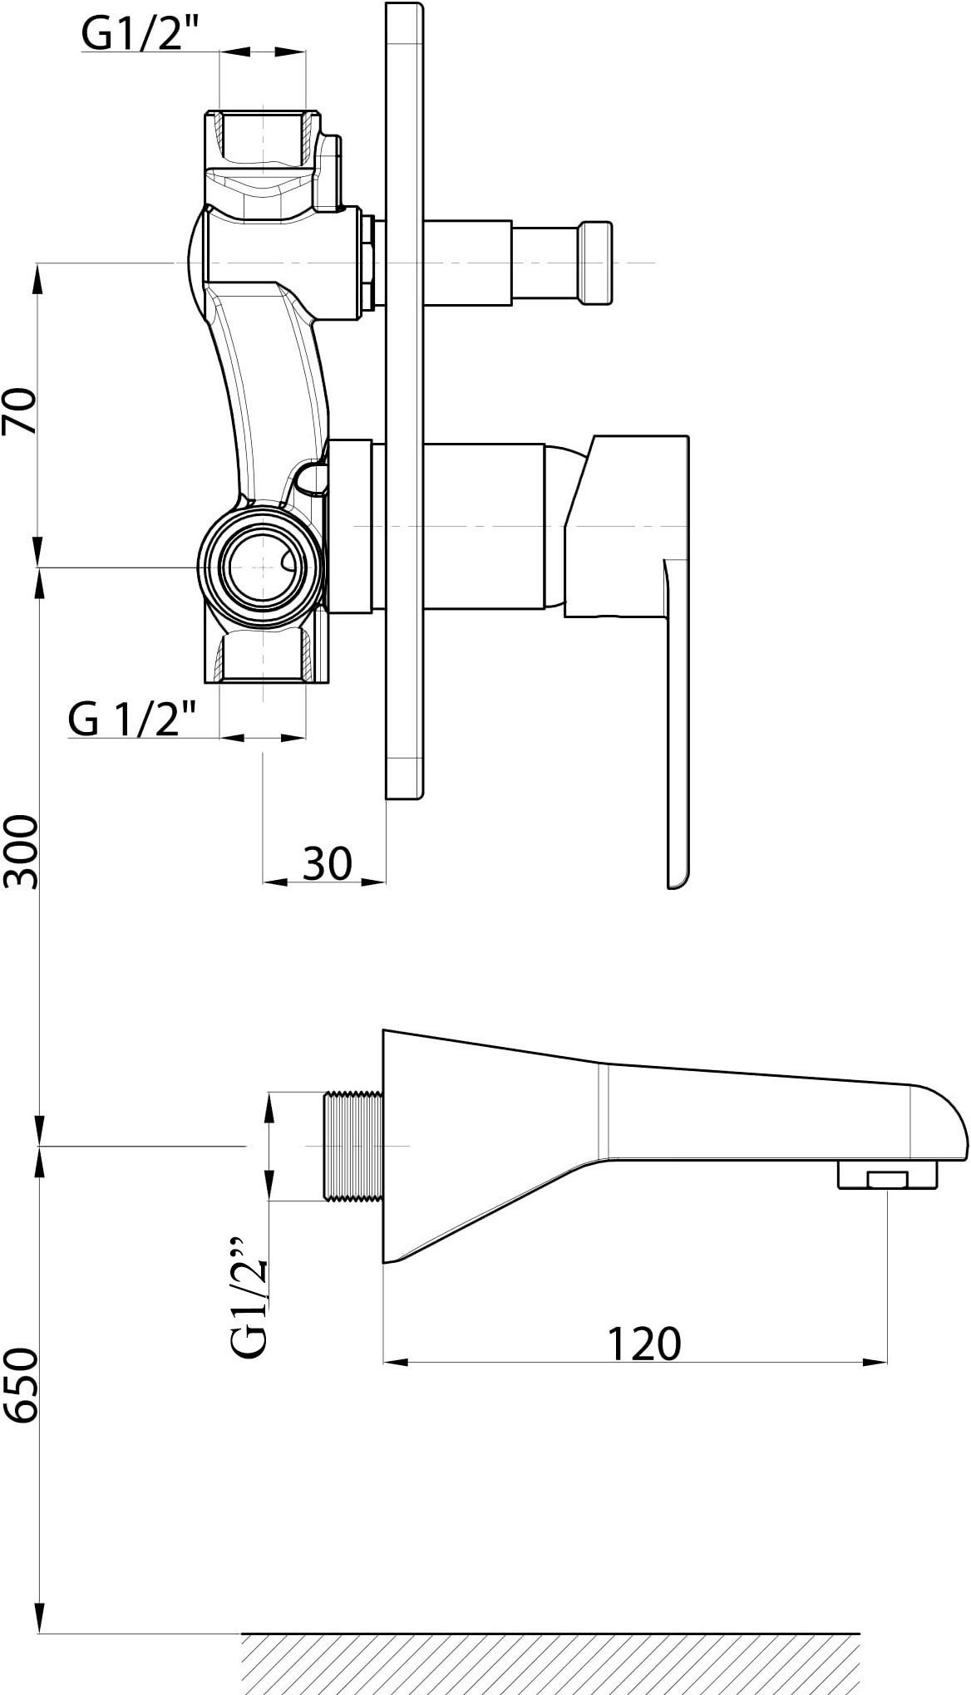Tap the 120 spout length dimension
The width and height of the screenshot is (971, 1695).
coord(644,1343)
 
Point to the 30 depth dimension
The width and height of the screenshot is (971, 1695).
coord(326,863)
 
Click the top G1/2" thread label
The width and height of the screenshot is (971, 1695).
coord(131,34)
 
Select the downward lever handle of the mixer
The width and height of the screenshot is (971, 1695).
coord(678,723)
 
